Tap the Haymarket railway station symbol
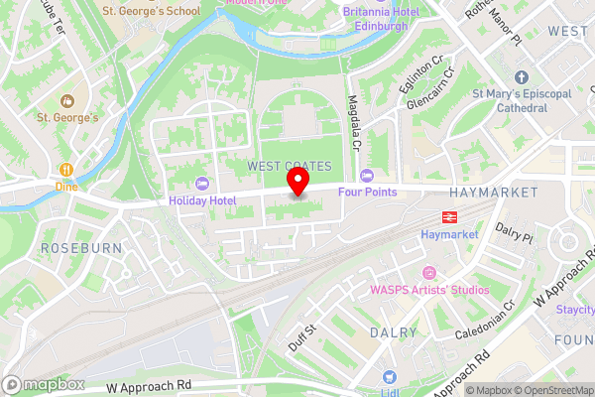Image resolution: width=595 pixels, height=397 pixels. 449,217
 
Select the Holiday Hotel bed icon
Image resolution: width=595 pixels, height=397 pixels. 202,184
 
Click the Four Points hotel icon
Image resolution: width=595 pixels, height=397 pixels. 367,175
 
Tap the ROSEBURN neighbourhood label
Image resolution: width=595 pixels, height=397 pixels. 80,247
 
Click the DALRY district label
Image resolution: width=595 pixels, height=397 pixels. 394,332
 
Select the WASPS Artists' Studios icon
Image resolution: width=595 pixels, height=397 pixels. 428,273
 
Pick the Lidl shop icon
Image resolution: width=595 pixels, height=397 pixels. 389,377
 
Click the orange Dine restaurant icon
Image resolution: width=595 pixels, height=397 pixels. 66,169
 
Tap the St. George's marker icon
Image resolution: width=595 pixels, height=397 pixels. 66,101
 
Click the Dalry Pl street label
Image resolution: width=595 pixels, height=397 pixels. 515,234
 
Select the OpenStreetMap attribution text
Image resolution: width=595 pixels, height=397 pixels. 551,390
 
